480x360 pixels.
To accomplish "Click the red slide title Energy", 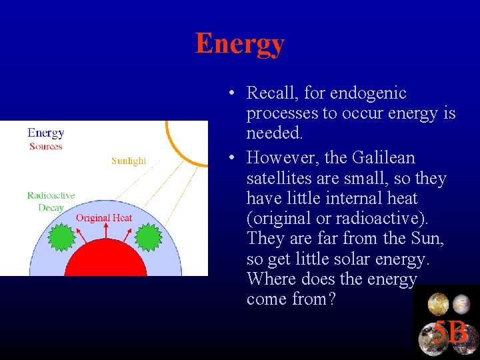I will [x=239, y=44].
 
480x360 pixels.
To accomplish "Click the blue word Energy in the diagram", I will [x=46, y=133].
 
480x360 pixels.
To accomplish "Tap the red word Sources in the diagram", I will [x=46, y=147].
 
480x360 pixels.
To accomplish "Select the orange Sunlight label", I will [x=129, y=161].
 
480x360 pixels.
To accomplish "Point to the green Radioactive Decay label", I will [x=51, y=201].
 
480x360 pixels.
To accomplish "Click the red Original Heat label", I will [x=103, y=218].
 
